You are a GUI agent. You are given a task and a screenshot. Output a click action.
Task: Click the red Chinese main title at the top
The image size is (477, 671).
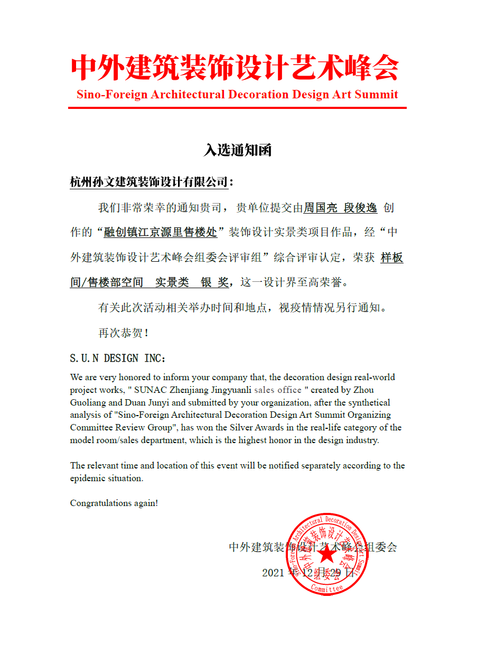(x=235, y=68)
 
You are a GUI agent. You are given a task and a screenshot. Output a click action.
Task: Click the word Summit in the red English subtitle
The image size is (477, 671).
(x=377, y=95)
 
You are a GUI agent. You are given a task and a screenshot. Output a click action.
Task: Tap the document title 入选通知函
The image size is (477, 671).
(x=238, y=151)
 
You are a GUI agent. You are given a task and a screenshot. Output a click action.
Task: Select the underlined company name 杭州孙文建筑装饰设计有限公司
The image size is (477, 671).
(x=149, y=182)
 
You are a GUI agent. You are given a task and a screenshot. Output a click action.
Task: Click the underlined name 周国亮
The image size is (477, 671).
(x=320, y=208)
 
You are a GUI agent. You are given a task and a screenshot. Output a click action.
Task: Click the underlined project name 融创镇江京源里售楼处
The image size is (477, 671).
(x=160, y=232)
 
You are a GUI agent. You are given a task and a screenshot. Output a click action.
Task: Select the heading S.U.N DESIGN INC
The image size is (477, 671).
(x=117, y=359)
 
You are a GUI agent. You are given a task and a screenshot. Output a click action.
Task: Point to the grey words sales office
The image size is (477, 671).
(x=278, y=390)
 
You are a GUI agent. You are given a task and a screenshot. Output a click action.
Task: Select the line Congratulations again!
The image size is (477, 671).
(x=114, y=503)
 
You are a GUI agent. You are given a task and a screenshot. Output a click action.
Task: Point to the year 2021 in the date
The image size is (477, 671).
(x=273, y=573)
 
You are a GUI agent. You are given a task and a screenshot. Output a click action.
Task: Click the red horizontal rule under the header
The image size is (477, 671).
(x=237, y=108)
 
